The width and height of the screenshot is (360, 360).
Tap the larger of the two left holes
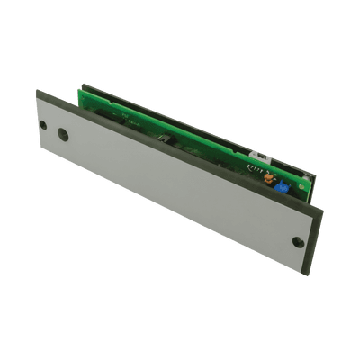[62, 135]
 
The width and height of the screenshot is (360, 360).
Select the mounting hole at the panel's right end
[298, 241]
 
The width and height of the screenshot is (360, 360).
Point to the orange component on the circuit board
[266, 177]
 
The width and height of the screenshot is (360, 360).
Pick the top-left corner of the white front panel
[38, 91]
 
